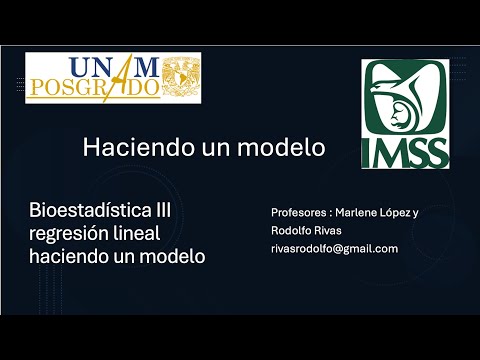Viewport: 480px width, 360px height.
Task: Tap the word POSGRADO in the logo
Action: coord(93,88)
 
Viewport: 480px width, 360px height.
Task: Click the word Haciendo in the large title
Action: coord(131,147)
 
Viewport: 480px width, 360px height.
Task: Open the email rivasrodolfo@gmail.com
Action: coord(334,248)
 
